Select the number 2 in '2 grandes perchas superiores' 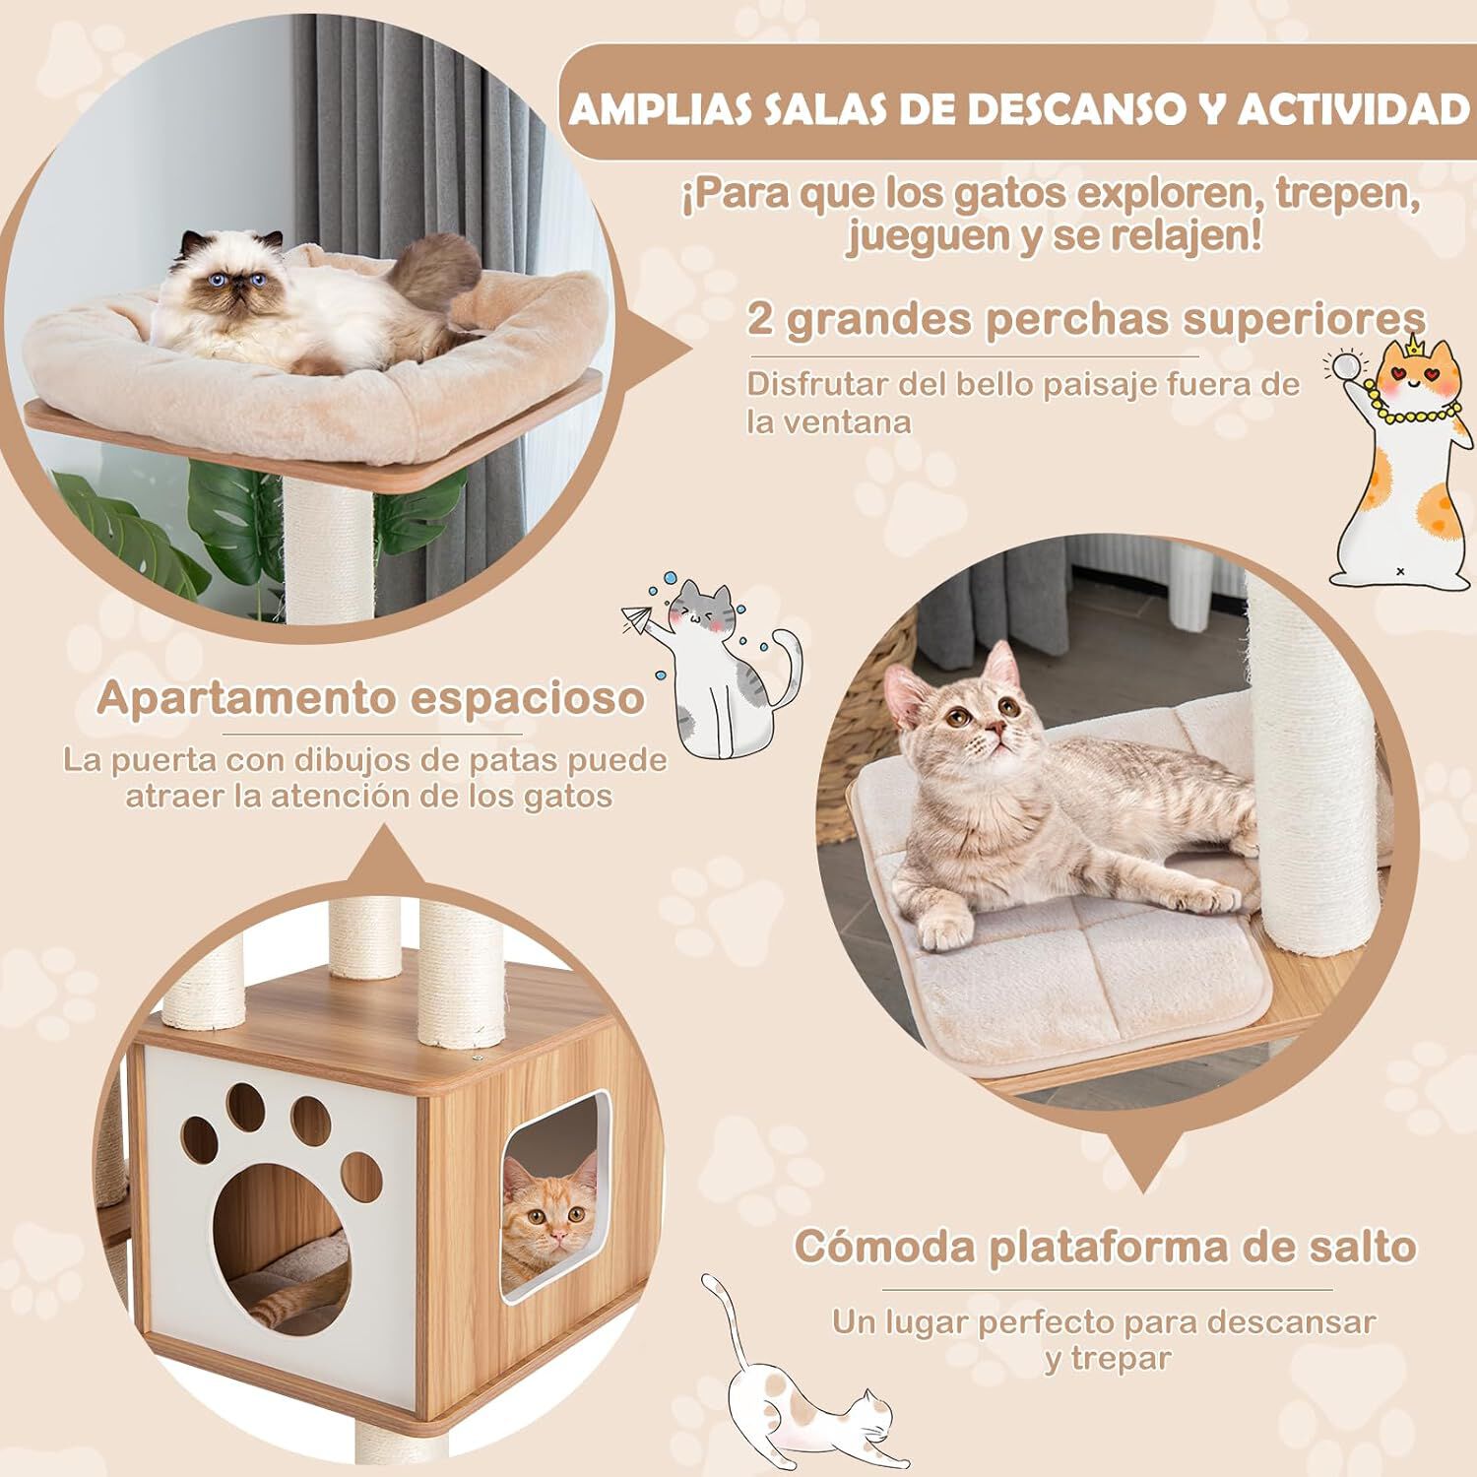point(760,320)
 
